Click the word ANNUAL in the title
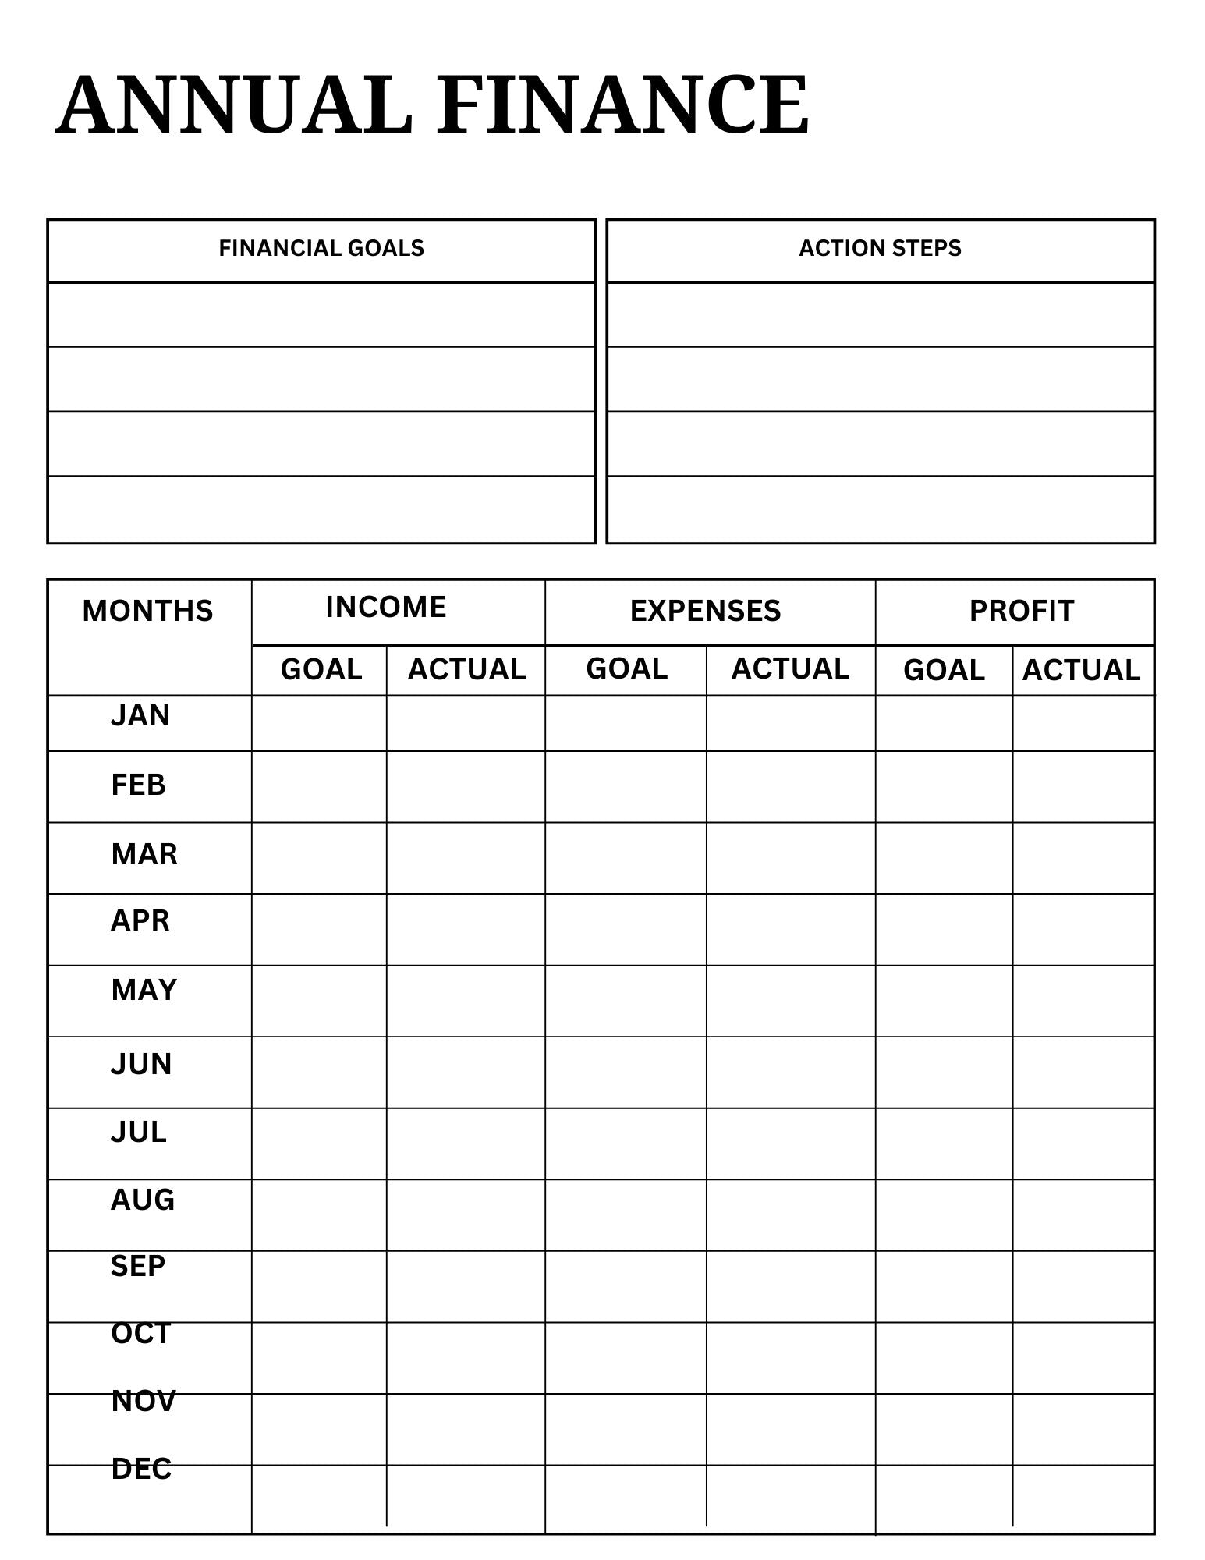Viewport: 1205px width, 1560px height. (x=234, y=105)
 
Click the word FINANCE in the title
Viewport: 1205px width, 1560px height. (x=622, y=105)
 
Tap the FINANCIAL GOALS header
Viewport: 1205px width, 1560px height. (x=321, y=249)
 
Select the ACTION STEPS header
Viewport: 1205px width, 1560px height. (x=880, y=249)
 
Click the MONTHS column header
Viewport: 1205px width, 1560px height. (x=147, y=612)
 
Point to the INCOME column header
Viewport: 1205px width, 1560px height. (x=386, y=608)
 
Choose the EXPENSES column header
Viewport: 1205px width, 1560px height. (x=705, y=612)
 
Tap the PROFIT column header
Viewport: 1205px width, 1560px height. (x=1021, y=612)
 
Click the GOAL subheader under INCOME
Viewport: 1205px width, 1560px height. (x=321, y=670)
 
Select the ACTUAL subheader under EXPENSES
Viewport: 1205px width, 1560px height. (x=790, y=669)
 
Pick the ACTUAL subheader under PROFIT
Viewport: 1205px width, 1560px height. (x=1081, y=671)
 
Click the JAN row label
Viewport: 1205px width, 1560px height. (x=140, y=716)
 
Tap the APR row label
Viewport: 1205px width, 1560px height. (x=140, y=921)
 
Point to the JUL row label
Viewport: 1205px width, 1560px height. (x=139, y=1133)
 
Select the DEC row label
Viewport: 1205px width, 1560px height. (x=141, y=1470)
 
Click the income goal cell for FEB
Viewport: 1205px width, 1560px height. (x=319, y=787)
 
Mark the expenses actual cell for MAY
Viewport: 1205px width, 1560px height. (x=790, y=1001)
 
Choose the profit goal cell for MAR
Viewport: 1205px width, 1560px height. (x=944, y=858)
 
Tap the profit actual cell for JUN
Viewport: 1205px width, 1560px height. (x=1083, y=1072)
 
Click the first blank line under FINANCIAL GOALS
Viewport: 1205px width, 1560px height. (x=321, y=315)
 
